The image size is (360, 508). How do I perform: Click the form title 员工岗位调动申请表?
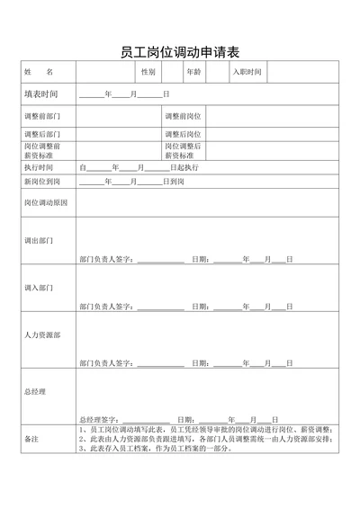click(x=179, y=51)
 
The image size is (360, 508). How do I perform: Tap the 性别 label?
click(x=148, y=71)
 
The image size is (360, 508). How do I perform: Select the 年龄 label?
click(x=193, y=71)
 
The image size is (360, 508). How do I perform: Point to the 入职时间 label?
click(x=247, y=71)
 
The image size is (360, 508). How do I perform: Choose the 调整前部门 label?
click(x=42, y=117)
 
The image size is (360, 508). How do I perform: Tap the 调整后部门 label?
click(x=42, y=134)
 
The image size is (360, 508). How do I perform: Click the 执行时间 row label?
click(x=39, y=167)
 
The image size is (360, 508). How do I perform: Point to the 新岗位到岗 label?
click(x=42, y=182)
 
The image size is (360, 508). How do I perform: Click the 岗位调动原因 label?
click(x=45, y=202)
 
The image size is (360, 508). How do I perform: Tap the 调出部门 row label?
click(x=39, y=241)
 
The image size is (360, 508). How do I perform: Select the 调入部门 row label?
click(x=39, y=288)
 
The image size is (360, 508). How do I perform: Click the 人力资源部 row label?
click(x=42, y=334)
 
